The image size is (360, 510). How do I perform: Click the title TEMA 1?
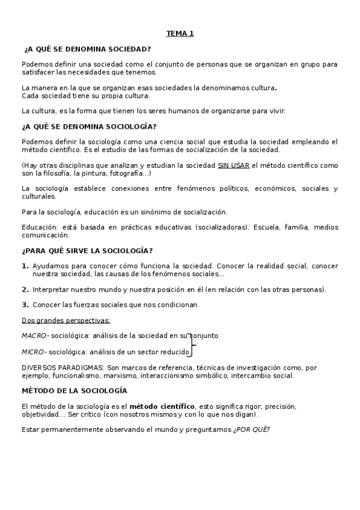tap(180, 34)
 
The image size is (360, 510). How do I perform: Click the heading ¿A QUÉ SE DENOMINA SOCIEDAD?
tap(87, 49)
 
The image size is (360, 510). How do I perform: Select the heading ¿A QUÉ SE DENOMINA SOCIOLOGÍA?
tap(89, 126)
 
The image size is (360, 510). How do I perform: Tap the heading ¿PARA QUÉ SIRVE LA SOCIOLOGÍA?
tap(87, 251)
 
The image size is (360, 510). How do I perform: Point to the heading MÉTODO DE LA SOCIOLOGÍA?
tap(74, 390)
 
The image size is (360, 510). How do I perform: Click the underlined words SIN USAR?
tap(233, 165)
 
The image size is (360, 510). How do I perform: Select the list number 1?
tap(25, 266)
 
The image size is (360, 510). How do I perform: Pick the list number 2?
tap(25, 289)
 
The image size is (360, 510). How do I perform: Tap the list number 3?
tap(25, 304)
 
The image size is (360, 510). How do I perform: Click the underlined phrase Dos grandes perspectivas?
tap(66, 320)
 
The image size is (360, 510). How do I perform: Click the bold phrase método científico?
tap(162, 406)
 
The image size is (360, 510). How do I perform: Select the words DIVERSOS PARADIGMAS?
tap(62, 367)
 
